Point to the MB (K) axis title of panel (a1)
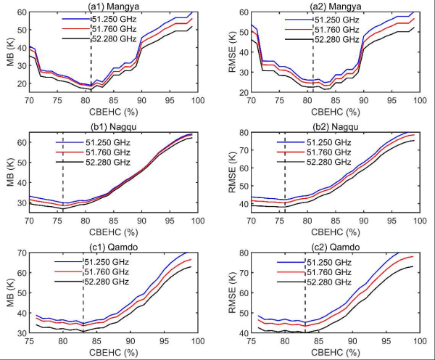(x=9, y=62)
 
